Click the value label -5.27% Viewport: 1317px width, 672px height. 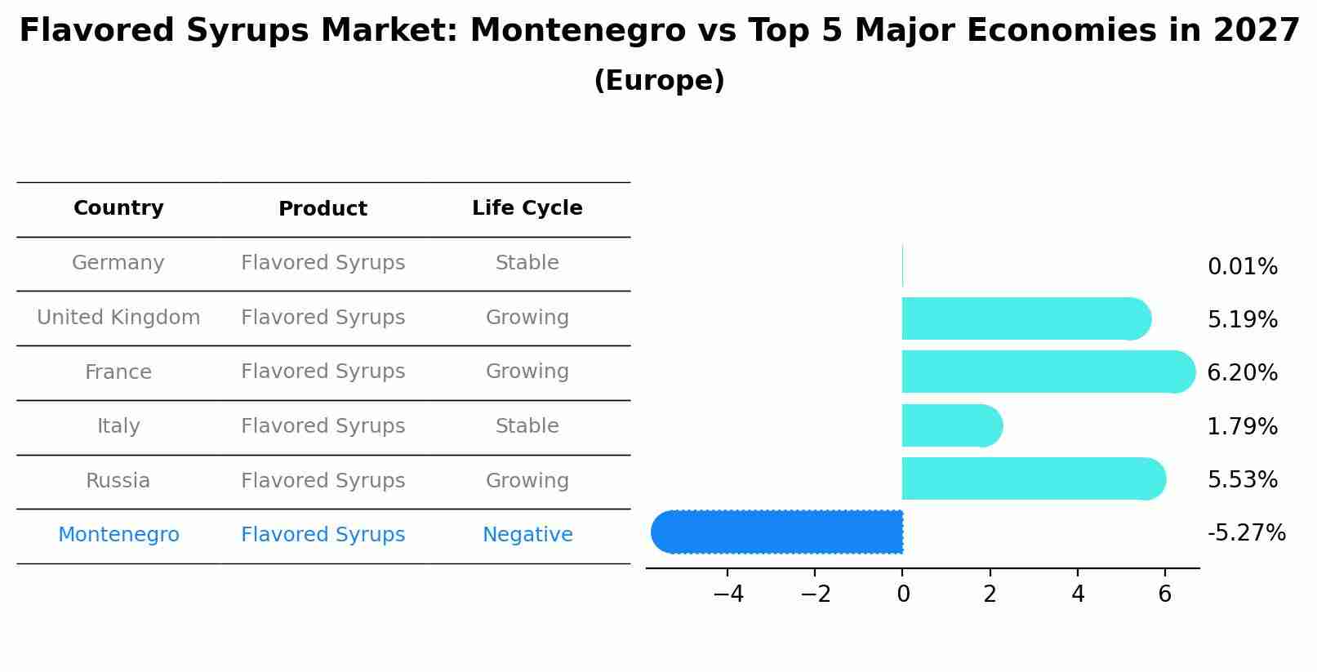coord(1246,533)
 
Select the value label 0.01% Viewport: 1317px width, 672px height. coord(1242,267)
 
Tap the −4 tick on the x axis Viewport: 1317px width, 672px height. coord(727,594)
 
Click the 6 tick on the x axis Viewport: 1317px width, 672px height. coord(1164,594)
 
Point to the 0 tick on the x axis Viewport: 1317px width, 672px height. coord(902,594)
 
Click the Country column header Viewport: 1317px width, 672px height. coord(118,208)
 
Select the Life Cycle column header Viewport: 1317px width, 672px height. coord(527,208)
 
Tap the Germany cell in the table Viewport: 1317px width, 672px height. coord(118,263)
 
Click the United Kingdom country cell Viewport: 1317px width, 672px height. coord(118,318)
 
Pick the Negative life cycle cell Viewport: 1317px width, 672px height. coord(527,535)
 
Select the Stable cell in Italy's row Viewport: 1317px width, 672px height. coord(527,426)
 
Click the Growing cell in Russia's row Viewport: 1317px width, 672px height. coord(527,481)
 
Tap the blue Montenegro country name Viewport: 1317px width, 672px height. coord(118,535)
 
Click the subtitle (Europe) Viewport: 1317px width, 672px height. coord(659,81)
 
